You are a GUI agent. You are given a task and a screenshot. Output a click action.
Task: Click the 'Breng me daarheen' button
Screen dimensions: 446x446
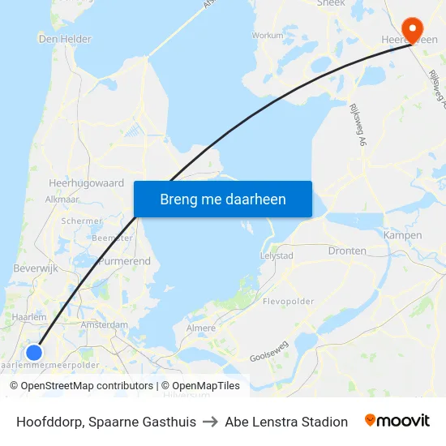223,199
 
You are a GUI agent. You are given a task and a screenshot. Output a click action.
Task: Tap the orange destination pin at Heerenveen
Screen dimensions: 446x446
413,29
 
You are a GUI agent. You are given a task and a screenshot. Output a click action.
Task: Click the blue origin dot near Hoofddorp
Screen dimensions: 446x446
34,352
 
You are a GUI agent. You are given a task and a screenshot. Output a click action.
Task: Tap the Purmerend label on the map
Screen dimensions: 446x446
123,262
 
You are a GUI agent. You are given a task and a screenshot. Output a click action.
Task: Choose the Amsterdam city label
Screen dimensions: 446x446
105,324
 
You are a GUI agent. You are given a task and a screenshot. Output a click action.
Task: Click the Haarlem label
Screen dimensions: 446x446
29,317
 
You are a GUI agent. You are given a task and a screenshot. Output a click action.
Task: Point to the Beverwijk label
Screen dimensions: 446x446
34,268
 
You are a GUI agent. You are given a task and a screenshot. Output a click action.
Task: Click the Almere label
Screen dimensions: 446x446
202,328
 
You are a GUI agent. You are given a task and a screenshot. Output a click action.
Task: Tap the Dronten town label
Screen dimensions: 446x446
347,251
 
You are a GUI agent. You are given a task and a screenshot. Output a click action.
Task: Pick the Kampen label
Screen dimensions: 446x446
403,235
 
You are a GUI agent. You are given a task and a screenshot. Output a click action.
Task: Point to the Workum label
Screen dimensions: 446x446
268,36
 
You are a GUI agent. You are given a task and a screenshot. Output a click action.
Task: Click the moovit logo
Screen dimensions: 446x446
397,421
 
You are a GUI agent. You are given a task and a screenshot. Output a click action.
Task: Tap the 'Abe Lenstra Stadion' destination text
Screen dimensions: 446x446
286,422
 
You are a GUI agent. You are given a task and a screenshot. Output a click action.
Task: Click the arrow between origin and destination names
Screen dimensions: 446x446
210,422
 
